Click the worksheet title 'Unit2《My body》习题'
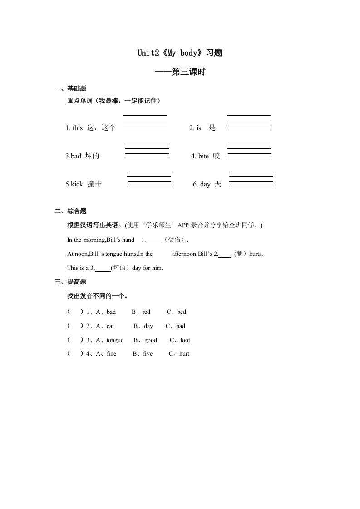pos(180,53)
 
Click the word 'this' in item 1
pos(77,128)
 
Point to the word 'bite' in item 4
pos(203,156)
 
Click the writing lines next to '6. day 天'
pos(251,179)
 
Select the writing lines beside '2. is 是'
pos(248,123)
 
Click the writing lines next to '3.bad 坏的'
pos(147,151)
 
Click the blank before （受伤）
pos(154,240)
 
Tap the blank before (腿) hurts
pos(225,254)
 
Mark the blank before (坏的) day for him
pos(104,268)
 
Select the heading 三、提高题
pos(70,282)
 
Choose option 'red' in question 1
pos(146,312)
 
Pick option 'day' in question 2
pos(148,326)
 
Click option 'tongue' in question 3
pos(115,340)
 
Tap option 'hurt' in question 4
pos(184,354)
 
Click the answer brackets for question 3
pos(75,340)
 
